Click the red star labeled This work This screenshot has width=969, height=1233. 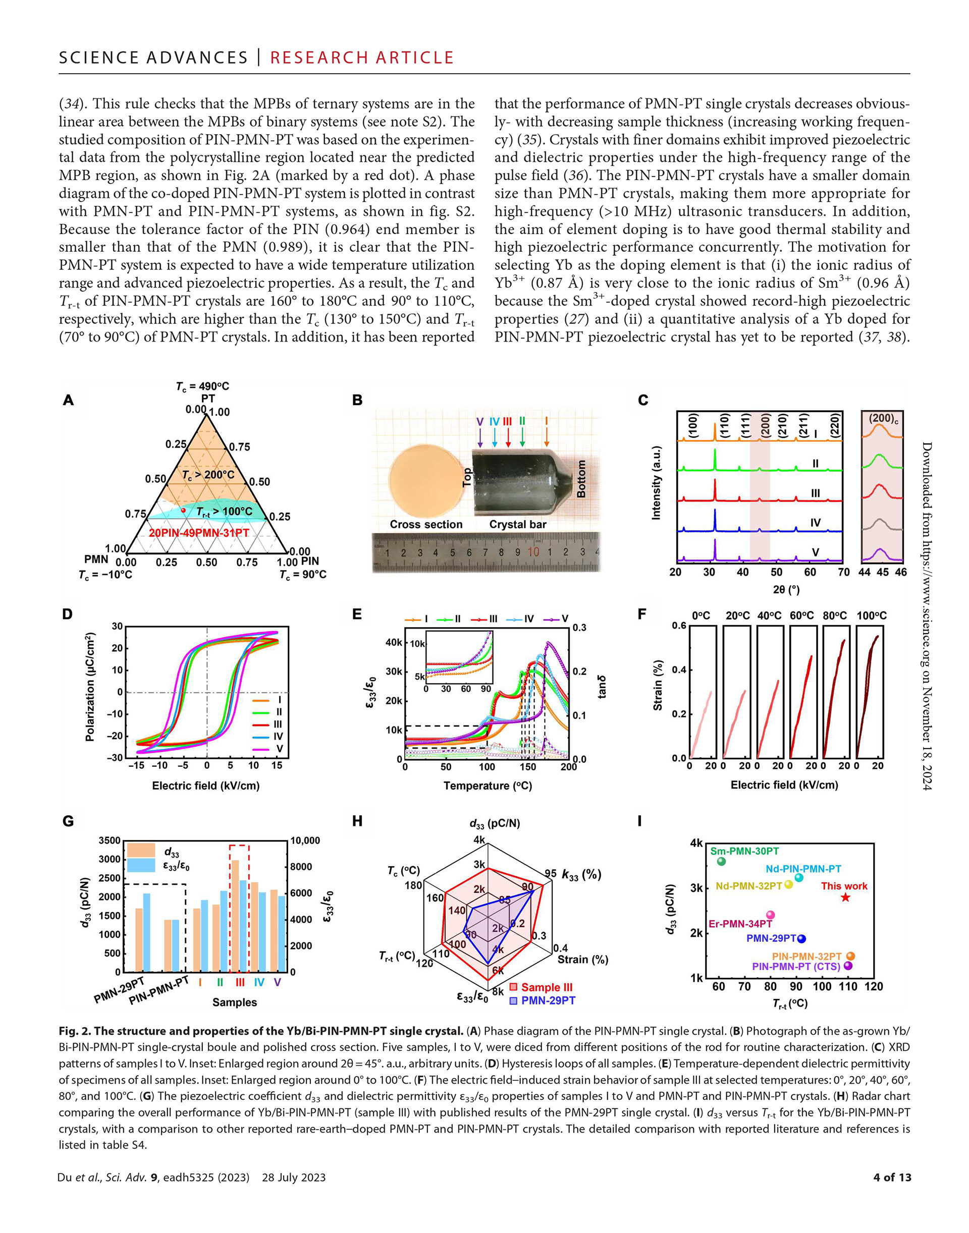pos(845,896)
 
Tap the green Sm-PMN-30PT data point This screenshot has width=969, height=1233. pos(721,862)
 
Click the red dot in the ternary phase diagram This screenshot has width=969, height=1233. pos(183,511)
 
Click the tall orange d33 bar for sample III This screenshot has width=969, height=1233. pos(235,916)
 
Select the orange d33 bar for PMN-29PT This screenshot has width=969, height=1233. pos(138,940)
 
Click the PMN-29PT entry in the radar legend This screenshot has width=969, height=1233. pos(543,1000)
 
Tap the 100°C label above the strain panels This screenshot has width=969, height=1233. pos(872,615)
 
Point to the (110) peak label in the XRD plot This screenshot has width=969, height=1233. pos(723,425)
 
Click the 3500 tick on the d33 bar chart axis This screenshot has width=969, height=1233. pos(110,840)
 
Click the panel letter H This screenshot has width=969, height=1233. pos(357,821)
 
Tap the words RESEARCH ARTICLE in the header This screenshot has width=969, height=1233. pos(362,58)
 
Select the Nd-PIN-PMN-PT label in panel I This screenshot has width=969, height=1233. pos(803,869)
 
